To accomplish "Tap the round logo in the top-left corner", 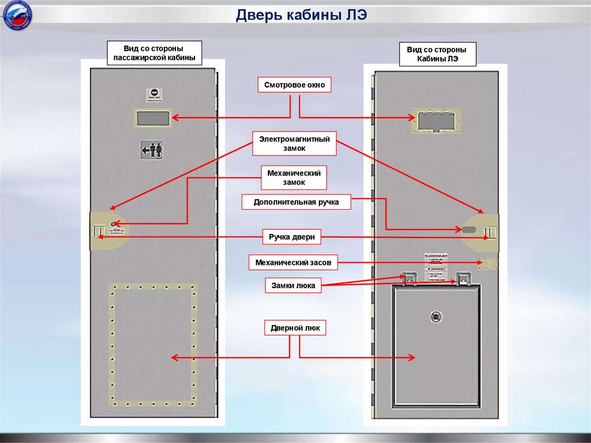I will click(x=17, y=17).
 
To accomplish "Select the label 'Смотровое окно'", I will click(x=294, y=85).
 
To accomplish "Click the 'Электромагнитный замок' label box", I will click(x=294, y=144).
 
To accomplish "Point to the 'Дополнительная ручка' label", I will click(x=295, y=202).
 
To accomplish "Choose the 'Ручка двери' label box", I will click(x=294, y=237).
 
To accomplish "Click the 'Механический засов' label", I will click(x=293, y=263).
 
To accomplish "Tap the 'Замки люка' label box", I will click(x=293, y=285).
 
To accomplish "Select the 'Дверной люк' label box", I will click(x=294, y=329).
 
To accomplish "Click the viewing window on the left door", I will click(x=153, y=118).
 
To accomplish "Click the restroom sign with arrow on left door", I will click(x=152, y=150).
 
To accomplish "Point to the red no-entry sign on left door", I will click(x=154, y=93).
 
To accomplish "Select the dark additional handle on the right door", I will click(x=469, y=229).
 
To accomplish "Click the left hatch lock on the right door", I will click(x=409, y=279).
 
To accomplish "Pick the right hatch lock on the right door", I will click(x=463, y=279).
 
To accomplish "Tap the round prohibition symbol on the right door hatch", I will click(x=436, y=316).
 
